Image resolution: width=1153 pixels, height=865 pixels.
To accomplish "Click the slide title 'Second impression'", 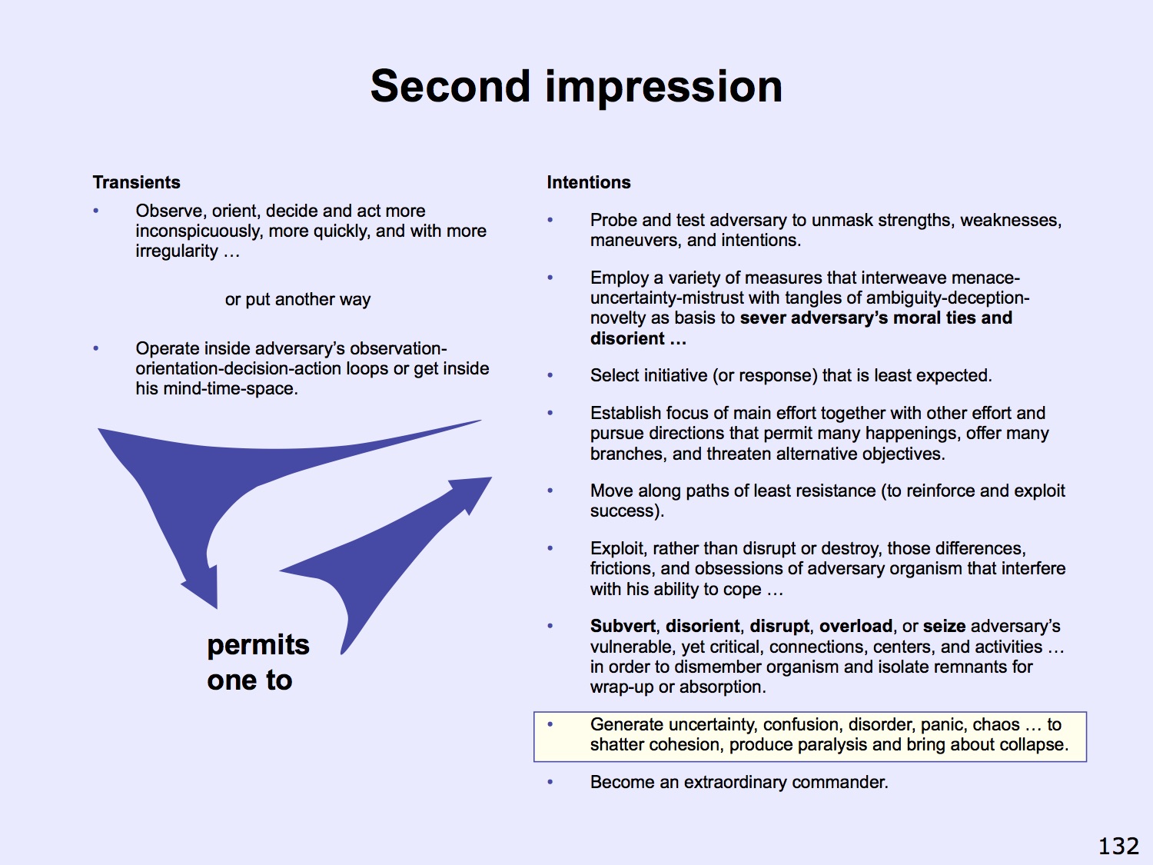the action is pyautogui.click(x=576, y=87).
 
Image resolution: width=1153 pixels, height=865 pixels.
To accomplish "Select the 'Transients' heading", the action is pyautogui.click(x=137, y=182).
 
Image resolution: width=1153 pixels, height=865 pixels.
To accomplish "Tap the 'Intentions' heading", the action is pyautogui.click(x=588, y=182).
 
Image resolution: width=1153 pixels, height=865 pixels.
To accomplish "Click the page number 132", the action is pyautogui.click(x=1119, y=846).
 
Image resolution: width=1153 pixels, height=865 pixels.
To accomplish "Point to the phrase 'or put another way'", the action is pyautogui.click(x=297, y=299).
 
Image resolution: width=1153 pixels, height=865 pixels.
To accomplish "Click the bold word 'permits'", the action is pyautogui.click(x=258, y=646).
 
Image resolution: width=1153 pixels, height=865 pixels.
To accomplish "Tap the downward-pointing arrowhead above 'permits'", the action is pyautogui.click(x=203, y=588).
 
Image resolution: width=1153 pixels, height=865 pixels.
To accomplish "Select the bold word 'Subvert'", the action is pyautogui.click(x=623, y=626).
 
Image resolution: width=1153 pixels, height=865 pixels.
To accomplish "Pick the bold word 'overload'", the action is pyautogui.click(x=856, y=626).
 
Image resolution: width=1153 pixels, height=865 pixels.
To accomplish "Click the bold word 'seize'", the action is pyautogui.click(x=944, y=626).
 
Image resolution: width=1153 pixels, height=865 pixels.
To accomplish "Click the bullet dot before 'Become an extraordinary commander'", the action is pyautogui.click(x=550, y=782).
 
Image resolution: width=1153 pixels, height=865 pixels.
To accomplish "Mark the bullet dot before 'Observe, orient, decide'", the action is pyautogui.click(x=95, y=211).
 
